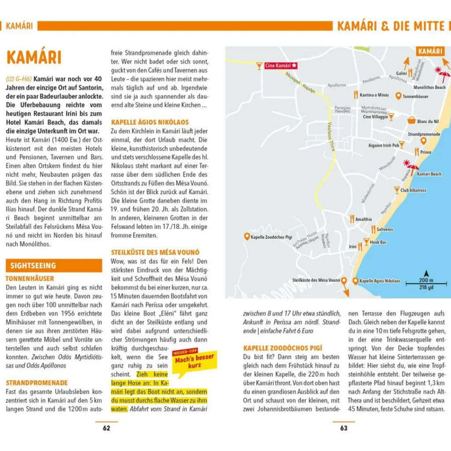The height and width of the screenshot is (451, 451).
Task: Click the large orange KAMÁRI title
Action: pos(34,58)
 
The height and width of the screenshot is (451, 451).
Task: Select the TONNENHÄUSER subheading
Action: pos(30,278)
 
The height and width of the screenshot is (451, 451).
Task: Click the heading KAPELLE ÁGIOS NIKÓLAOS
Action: pos(150,122)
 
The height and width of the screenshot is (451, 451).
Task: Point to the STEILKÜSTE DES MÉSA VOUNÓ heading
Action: pos(155,252)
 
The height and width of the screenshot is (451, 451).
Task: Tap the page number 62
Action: pos(106,428)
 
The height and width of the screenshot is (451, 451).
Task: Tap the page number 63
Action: pos(344,428)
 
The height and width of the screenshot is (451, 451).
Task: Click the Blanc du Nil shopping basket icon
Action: pos(411,120)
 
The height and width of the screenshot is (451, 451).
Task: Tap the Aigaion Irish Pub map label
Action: pos(383,145)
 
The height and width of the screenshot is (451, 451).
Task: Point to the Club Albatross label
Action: pos(413,190)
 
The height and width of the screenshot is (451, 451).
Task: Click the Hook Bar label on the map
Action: pos(378,242)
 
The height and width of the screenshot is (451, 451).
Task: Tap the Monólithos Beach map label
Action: pos(429,88)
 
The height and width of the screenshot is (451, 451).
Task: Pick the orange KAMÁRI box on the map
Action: pos(430,52)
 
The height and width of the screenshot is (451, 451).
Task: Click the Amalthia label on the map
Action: pos(364,219)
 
